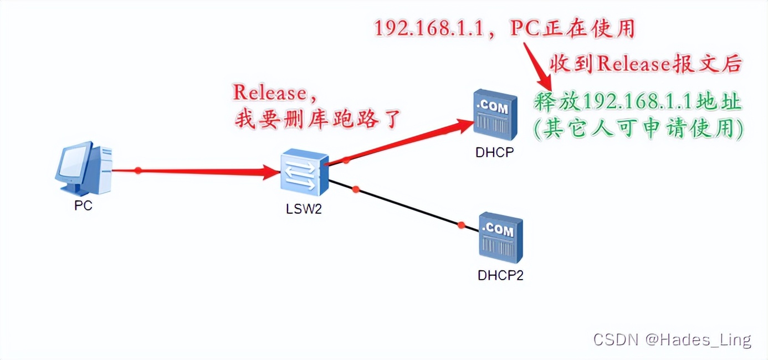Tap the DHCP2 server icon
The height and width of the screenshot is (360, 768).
pos(500,238)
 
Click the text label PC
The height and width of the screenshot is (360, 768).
pos(83,207)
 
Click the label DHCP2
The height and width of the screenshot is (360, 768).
pos(500,275)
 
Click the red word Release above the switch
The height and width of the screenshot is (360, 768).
pos(269,93)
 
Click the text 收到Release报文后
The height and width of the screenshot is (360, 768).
pos(645,64)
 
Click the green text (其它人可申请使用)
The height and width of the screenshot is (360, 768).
pos(638,128)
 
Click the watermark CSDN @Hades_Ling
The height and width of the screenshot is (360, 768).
pos(672,339)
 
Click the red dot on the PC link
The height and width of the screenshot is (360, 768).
pos(139,171)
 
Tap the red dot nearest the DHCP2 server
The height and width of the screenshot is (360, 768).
pos(461,224)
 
